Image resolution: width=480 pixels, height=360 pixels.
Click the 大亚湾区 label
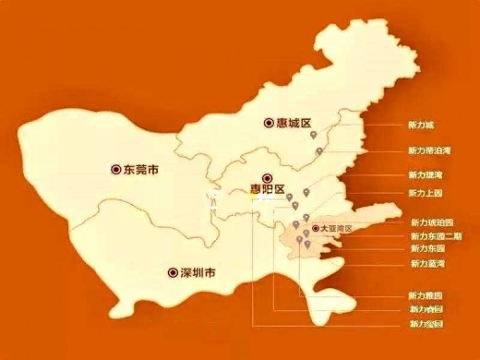pos(337,227)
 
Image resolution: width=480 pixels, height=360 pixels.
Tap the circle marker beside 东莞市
pos(115,170)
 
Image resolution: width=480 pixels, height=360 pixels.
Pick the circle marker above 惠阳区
pos(267,177)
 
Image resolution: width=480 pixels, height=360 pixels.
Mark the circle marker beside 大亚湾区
pos(316,227)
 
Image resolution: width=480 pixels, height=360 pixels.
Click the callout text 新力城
pos(420,124)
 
